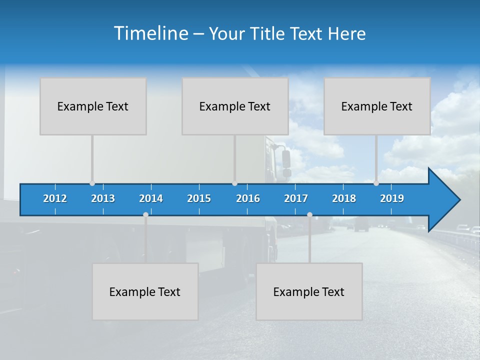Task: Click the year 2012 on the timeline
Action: click(55, 198)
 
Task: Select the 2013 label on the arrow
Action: click(103, 198)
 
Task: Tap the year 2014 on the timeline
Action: click(151, 198)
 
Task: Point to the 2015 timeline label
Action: click(199, 198)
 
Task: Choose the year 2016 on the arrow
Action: click(248, 198)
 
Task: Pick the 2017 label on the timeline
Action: click(296, 198)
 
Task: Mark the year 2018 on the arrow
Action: click(344, 198)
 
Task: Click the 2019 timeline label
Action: click(392, 198)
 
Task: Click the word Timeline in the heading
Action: click(150, 33)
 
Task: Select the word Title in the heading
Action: click(268, 33)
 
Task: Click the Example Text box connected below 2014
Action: click(145, 291)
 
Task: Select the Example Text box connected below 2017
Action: click(309, 291)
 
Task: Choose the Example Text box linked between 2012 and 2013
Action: click(93, 106)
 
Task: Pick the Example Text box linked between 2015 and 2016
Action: click(235, 106)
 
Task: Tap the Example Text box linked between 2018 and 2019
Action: click(377, 106)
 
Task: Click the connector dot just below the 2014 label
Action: click(145, 214)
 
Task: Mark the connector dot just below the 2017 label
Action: click(309, 214)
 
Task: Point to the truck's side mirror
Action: click(286, 159)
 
